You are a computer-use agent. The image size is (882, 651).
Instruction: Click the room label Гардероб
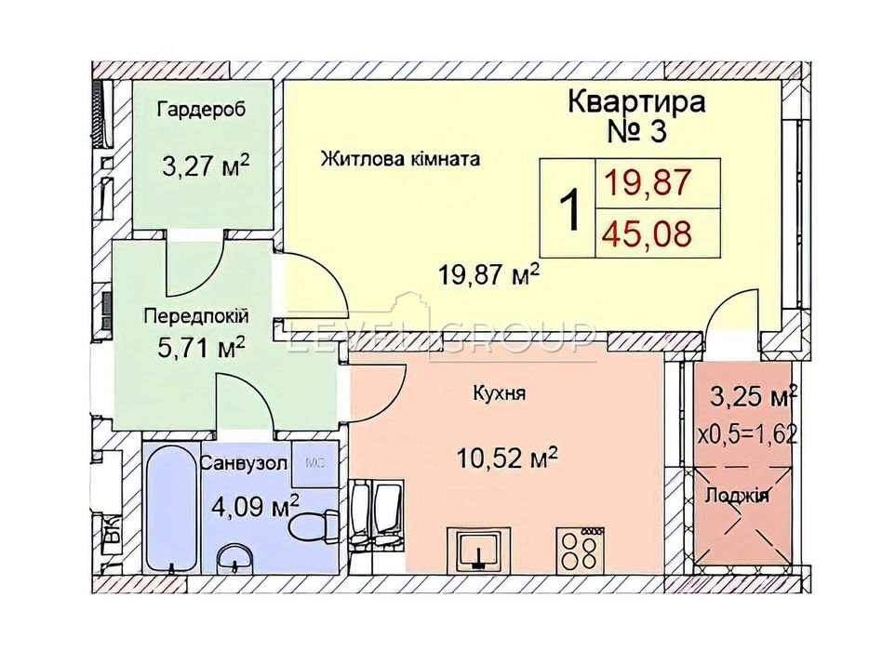[202, 110]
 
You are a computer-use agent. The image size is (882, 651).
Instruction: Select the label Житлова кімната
[400, 159]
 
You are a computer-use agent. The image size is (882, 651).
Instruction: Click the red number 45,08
[647, 233]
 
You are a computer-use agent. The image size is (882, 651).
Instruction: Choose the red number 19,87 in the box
[647, 182]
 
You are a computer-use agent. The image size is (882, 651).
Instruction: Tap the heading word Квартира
[635, 101]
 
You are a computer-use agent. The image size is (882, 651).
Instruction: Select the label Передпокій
[196, 316]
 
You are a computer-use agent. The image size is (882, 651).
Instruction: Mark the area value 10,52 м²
[506, 456]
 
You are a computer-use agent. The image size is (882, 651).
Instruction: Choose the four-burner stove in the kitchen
[580, 548]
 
